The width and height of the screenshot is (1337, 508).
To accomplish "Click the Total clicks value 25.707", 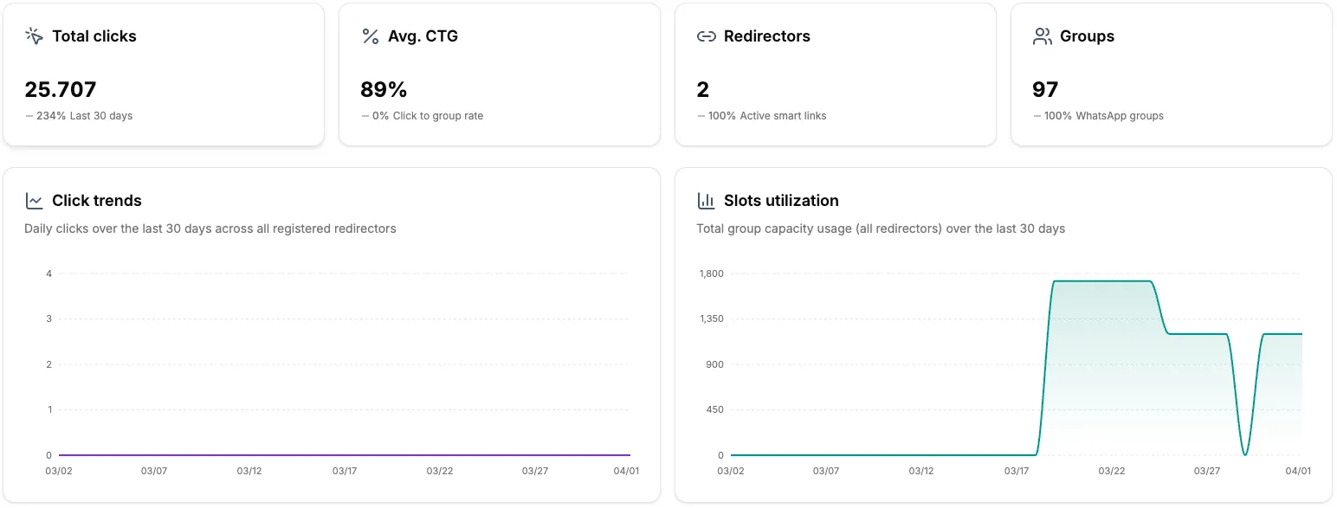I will (x=61, y=90).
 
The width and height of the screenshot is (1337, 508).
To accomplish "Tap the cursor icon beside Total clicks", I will (x=34, y=36).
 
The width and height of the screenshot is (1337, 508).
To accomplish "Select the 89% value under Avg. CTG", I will (x=384, y=90).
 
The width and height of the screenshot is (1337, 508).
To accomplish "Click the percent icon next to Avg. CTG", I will (x=370, y=36).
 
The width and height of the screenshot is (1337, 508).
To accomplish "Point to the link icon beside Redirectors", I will (x=706, y=36).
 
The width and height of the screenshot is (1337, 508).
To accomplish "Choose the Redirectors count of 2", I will (x=702, y=90).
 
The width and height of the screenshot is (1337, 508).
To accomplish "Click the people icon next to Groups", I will (x=1042, y=36).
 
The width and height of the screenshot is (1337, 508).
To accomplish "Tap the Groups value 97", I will (x=1045, y=90).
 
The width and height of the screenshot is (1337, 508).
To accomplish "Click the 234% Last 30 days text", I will (x=84, y=116).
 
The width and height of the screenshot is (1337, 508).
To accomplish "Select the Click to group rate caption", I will (x=437, y=116).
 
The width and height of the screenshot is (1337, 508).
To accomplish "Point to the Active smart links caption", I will (x=783, y=116).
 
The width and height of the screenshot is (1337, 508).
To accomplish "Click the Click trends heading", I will (x=96, y=201).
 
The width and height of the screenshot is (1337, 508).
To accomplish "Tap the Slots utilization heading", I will (x=780, y=201).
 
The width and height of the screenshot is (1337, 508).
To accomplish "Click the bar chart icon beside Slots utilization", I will (x=706, y=201).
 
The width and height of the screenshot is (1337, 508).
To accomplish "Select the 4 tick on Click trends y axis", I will (x=49, y=273).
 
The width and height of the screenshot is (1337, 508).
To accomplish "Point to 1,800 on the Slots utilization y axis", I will (x=711, y=273).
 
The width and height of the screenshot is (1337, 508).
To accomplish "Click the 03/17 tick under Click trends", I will (x=345, y=471).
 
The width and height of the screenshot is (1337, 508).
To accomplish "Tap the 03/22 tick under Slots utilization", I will (x=1112, y=471).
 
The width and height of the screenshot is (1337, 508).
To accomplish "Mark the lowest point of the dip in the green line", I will (x=1244, y=454).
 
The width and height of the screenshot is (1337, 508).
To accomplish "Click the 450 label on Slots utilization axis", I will (x=714, y=409).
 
